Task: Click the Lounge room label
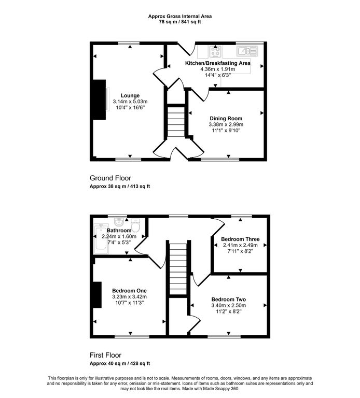130,96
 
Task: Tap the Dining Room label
226,119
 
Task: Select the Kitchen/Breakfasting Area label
217,63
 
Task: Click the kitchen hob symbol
215,51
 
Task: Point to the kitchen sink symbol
247,51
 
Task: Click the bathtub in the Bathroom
101,238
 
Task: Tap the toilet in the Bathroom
136,225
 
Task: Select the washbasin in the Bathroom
119,222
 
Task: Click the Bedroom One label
129,291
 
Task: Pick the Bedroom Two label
228,300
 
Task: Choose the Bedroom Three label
240,239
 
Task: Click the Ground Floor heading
110,178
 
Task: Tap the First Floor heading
105,355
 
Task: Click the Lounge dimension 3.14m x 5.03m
130,102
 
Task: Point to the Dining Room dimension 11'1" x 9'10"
226,131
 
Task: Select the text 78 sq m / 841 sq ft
180,22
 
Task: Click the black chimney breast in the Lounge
100,99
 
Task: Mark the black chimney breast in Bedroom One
97,295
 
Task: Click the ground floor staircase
176,122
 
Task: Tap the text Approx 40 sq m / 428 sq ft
120,363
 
